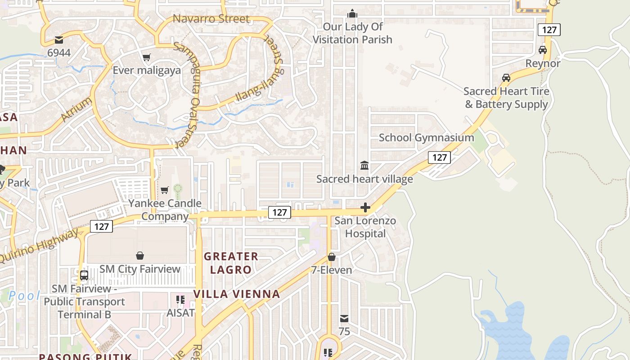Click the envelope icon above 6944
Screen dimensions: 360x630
(59, 40)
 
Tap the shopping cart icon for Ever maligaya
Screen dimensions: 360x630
(146, 57)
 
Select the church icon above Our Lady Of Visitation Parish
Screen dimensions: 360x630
(352, 13)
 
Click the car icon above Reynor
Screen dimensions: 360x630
(543, 50)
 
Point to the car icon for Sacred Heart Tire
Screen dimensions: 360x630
(506, 78)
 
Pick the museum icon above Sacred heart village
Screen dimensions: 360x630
(364, 166)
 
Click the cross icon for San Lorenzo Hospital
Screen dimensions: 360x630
(365, 207)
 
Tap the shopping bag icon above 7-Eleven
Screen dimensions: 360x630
(332, 257)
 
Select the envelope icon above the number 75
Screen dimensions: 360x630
(344, 319)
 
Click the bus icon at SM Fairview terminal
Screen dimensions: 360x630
(84, 275)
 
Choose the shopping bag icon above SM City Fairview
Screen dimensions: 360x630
(140, 256)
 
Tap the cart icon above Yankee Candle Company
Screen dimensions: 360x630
(165, 190)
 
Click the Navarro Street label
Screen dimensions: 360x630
(211, 19)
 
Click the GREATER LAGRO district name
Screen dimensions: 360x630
(231, 263)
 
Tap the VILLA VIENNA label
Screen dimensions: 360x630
(237, 294)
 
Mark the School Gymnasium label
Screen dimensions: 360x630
(426, 138)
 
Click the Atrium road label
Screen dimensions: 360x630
(76, 109)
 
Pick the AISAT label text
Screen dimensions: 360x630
(180, 312)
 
